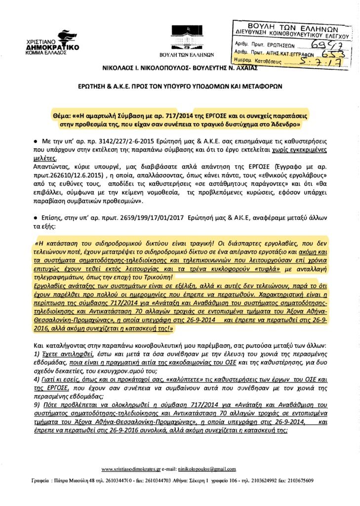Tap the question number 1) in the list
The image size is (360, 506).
click(x=37, y=355)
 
